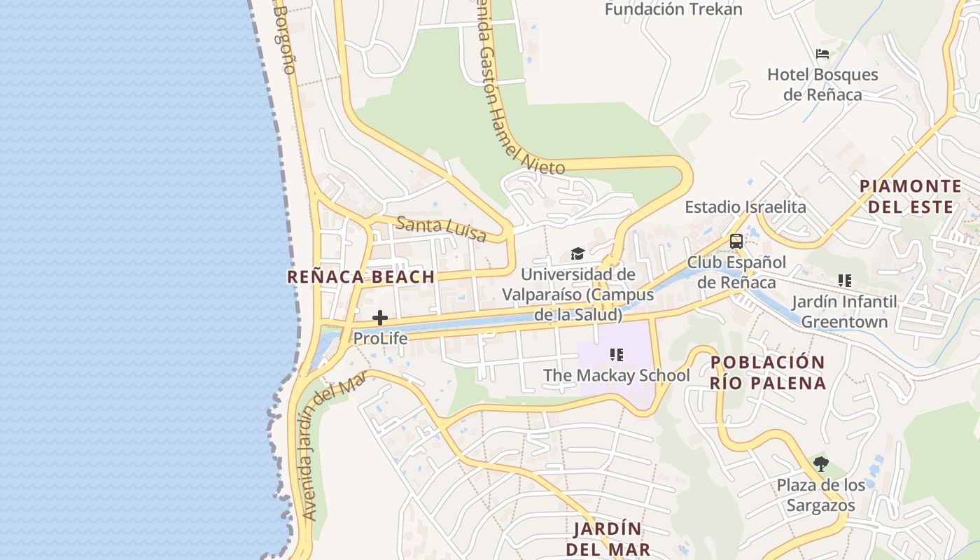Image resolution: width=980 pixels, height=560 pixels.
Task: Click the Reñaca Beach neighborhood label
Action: pyautogui.click(x=361, y=276)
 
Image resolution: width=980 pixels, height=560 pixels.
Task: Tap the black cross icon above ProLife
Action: pyautogui.click(x=380, y=318)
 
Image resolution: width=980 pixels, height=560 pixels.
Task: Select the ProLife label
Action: pyautogui.click(x=380, y=338)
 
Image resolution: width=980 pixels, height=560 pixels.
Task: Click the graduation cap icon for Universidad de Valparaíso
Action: pyautogui.click(x=577, y=253)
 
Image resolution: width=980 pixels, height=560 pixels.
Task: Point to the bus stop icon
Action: pyautogui.click(x=736, y=241)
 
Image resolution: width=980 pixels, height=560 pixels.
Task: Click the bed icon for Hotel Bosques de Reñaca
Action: pyautogui.click(x=822, y=54)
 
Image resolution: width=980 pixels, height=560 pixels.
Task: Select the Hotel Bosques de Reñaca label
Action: pyautogui.click(x=822, y=84)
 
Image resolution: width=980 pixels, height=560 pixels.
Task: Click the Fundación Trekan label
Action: pyautogui.click(x=673, y=9)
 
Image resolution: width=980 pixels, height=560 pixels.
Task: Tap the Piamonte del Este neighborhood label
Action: pyautogui.click(x=911, y=196)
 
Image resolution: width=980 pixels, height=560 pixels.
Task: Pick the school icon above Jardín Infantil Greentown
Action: pyautogui.click(x=845, y=281)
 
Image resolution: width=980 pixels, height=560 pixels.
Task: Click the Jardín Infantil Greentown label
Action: pyautogui.click(x=844, y=312)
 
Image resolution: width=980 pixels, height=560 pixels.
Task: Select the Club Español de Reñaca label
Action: pyautogui.click(x=736, y=272)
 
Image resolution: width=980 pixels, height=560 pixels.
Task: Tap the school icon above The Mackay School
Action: pyautogui.click(x=617, y=355)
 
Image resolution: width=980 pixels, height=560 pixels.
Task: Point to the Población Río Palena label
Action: pyautogui.click(x=768, y=372)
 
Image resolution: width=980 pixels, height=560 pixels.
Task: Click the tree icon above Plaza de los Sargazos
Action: pyautogui.click(x=821, y=463)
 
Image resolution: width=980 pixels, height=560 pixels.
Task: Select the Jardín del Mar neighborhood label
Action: pyautogui.click(x=608, y=538)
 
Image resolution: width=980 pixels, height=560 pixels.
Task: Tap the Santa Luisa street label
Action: pyautogui.click(x=441, y=229)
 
